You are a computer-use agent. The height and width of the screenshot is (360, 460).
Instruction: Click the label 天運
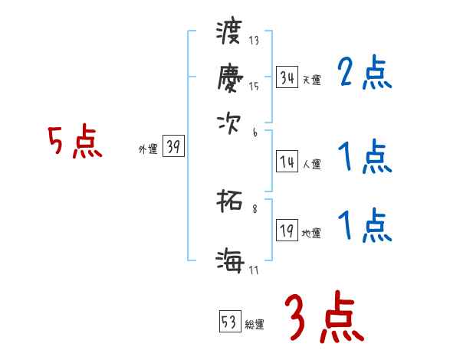pyautogui.click(x=311, y=80)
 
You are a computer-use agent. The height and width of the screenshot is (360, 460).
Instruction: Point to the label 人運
pyautogui.click(x=311, y=164)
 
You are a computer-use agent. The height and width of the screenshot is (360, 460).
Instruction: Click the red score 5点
pyautogui.click(x=74, y=142)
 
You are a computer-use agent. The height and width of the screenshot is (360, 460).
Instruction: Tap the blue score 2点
pyautogui.click(x=365, y=74)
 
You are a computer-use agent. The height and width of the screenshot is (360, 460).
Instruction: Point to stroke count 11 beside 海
pyautogui.click(x=254, y=269)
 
